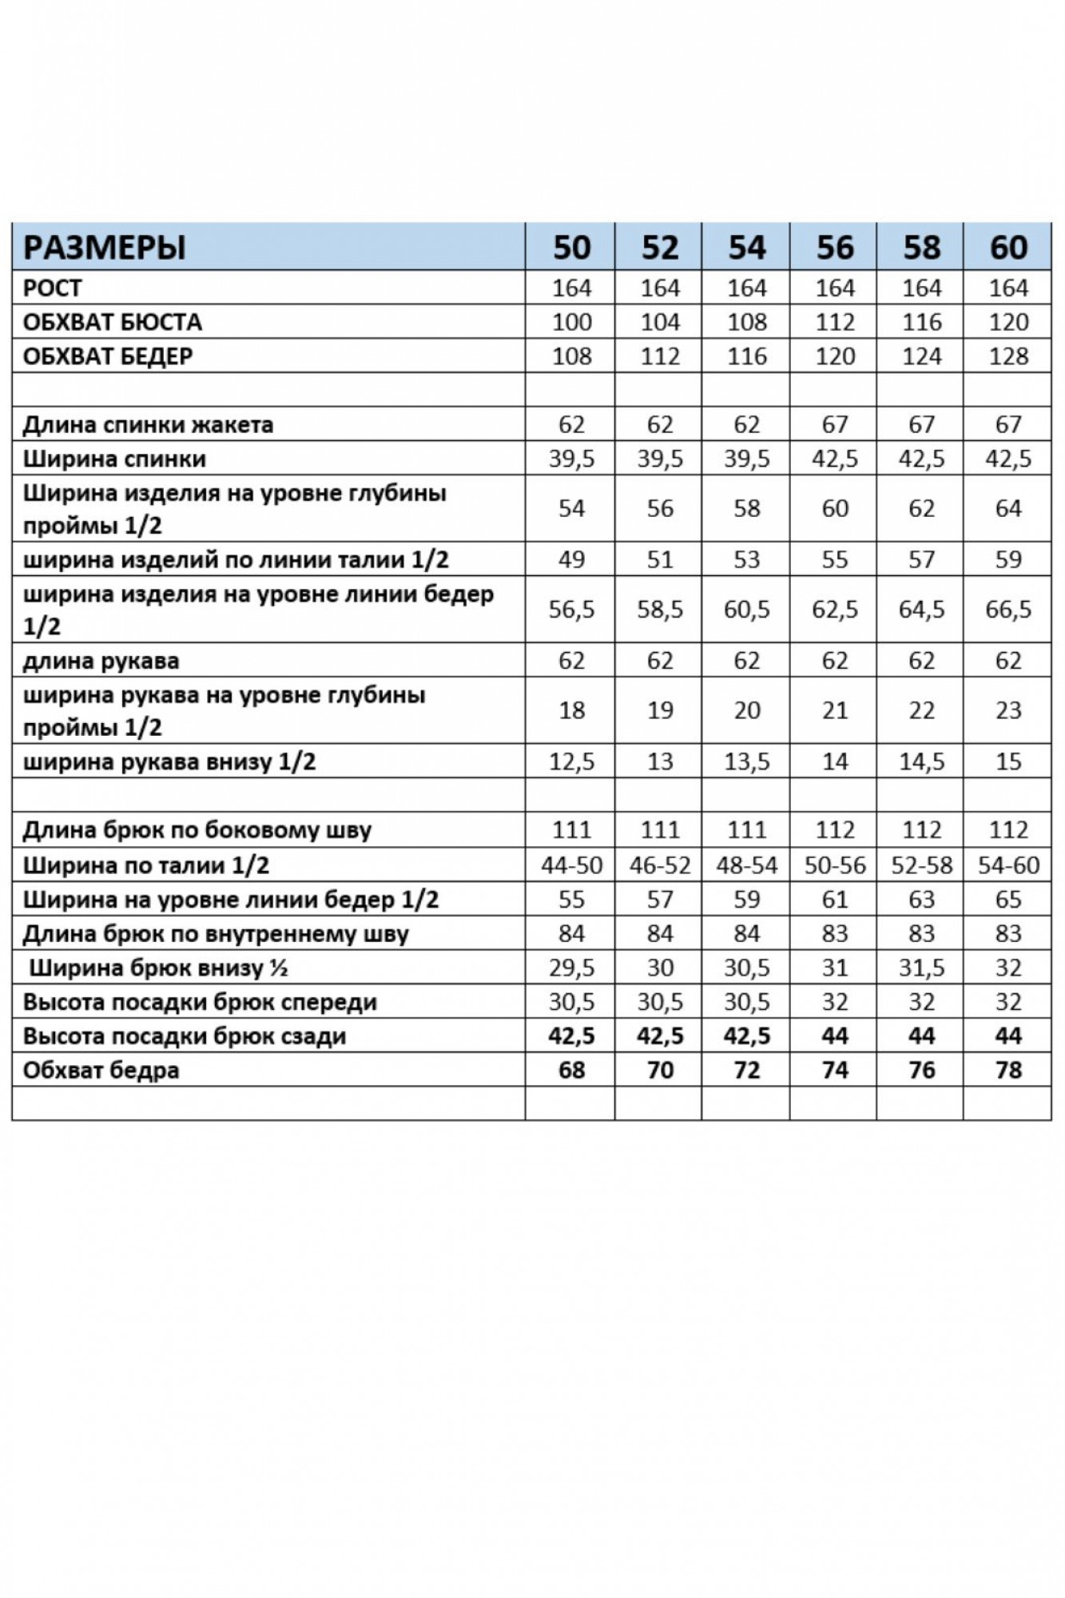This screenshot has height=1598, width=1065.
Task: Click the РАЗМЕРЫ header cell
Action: click(x=105, y=247)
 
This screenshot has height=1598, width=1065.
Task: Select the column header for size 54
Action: click(x=746, y=247)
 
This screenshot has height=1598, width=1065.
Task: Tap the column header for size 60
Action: click(x=1008, y=247)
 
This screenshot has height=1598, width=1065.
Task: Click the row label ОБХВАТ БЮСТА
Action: click(x=113, y=322)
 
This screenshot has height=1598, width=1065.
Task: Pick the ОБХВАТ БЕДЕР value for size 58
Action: click(x=921, y=356)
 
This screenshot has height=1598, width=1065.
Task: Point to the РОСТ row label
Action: click(x=53, y=288)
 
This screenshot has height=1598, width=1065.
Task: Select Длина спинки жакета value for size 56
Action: click(x=834, y=424)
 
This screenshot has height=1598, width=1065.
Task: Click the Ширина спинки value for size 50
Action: click(x=571, y=459)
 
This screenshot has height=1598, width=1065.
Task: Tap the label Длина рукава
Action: click(x=101, y=661)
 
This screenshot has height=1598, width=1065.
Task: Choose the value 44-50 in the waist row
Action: click(x=571, y=865)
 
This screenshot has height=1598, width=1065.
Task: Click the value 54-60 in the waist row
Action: click(x=1008, y=865)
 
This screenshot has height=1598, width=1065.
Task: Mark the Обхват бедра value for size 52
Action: click(x=659, y=1070)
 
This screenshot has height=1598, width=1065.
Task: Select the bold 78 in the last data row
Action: click(x=1008, y=1070)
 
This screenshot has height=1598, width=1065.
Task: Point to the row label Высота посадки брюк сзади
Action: click(x=185, y=1036)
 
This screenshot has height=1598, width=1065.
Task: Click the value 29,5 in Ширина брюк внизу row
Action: click(x=571, y=968)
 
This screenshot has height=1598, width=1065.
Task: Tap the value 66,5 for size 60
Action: click(x=1008, y=610)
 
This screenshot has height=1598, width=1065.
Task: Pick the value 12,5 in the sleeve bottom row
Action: click(x=571, y=761)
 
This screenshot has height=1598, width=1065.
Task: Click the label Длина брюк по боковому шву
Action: click(x=197, y=830)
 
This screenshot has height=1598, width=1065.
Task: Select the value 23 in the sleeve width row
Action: click(x=1008, y=710)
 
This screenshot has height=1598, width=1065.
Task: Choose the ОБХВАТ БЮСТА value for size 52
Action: click(x=659, y=322)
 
